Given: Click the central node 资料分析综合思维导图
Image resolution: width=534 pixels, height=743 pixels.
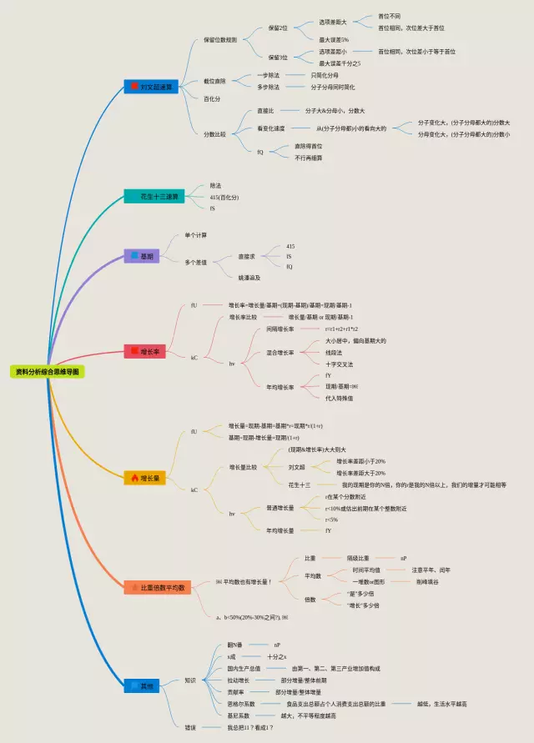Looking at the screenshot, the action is click(x=48, y=372).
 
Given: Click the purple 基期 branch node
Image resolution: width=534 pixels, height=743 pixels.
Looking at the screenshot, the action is click(x=141, y=256).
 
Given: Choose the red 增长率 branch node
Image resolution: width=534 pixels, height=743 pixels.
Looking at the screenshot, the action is click(x=144, y=352).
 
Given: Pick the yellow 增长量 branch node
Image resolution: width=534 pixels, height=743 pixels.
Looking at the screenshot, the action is click(x=144, y=478).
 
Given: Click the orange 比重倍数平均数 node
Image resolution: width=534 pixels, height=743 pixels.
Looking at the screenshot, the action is click(x=159, y=587).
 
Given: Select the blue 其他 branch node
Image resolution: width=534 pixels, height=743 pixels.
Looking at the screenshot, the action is click(x=141, y=685).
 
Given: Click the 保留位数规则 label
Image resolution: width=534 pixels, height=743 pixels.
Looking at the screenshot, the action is click(x=220, y=39).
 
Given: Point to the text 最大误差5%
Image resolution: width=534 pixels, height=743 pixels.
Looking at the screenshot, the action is click(x=334, y=39).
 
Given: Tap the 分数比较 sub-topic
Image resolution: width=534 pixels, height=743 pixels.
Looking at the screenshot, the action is click(x=214, y=133).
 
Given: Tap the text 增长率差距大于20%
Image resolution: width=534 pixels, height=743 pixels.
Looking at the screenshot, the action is click(x=360, y=473).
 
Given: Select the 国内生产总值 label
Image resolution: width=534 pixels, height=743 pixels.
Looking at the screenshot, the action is click(x=244, y=668).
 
